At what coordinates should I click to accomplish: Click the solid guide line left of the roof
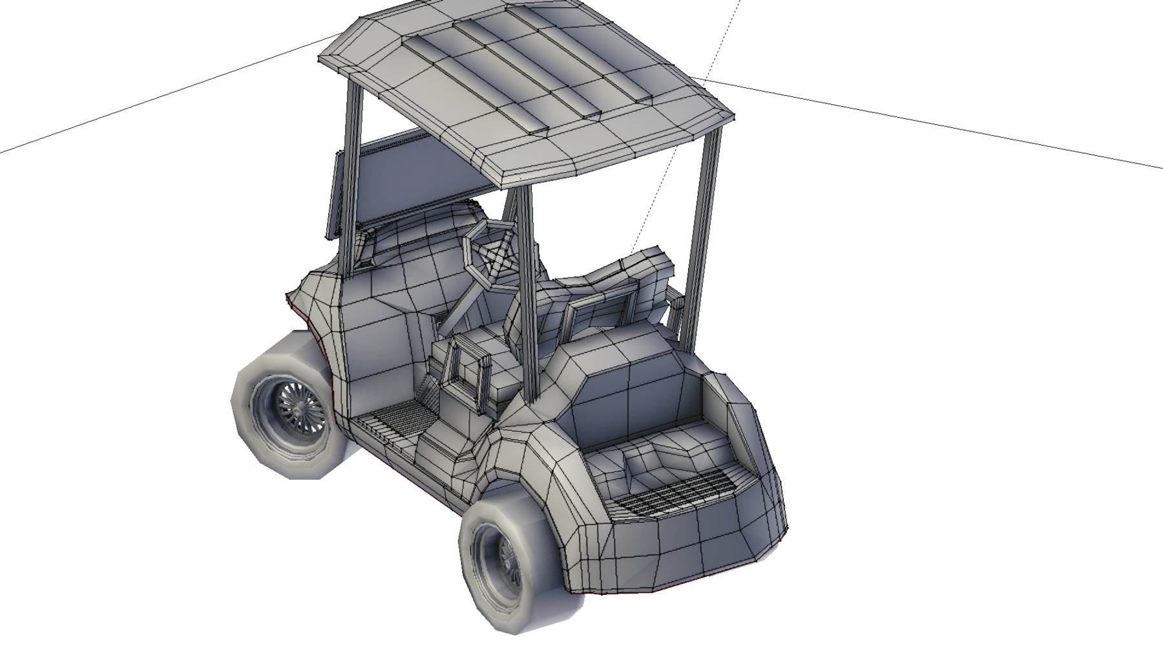tap(162, 97)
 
